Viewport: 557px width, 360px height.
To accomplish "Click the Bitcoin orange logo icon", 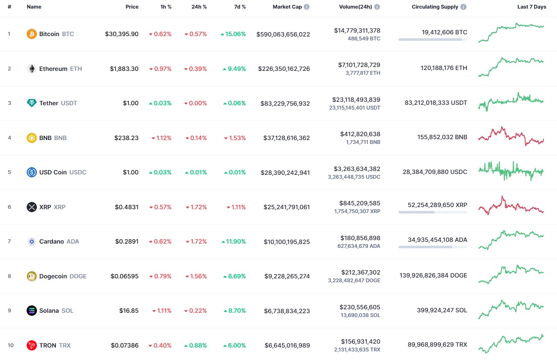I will (32, 34).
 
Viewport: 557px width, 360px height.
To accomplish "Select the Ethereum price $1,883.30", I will (124, 69).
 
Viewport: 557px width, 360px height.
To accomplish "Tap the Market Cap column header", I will (287, 7).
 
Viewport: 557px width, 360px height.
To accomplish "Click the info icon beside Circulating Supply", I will (463, 7).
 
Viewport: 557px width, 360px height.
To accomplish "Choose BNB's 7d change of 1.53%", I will (235, 138).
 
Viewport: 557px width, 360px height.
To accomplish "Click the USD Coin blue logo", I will (32, 172).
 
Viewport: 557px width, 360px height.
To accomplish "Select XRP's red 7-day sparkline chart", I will (511, 206).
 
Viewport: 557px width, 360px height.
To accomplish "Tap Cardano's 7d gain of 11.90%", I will (234, 241).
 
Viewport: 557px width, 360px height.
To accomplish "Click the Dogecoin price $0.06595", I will (125, 276).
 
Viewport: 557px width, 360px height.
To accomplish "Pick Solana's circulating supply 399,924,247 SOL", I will (442, 310).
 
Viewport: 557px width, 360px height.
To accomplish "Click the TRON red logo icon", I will (32, 345).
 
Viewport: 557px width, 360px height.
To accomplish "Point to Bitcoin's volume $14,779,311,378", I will (357, 31).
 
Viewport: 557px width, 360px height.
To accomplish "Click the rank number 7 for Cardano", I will (9, 241).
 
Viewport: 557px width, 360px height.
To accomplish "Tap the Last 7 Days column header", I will (532, 7).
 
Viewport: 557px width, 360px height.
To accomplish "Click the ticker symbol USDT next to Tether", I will (69, 103).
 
